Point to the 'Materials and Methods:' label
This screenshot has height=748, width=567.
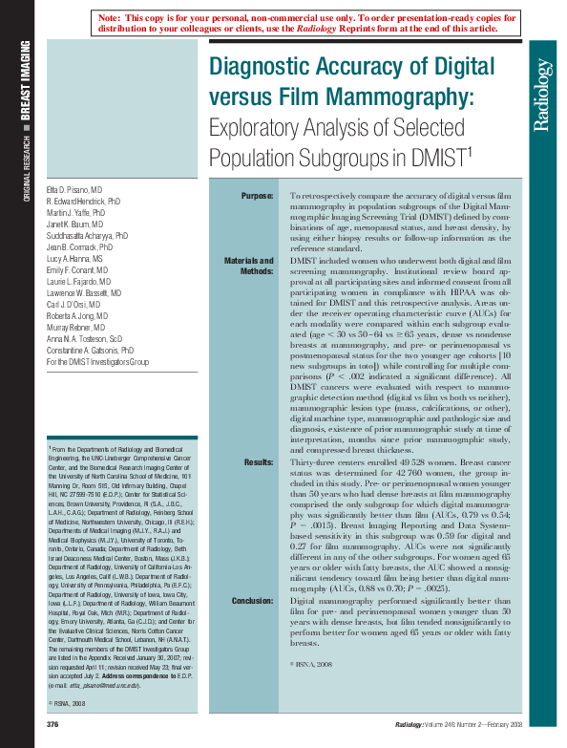click(x=249, y=266)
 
